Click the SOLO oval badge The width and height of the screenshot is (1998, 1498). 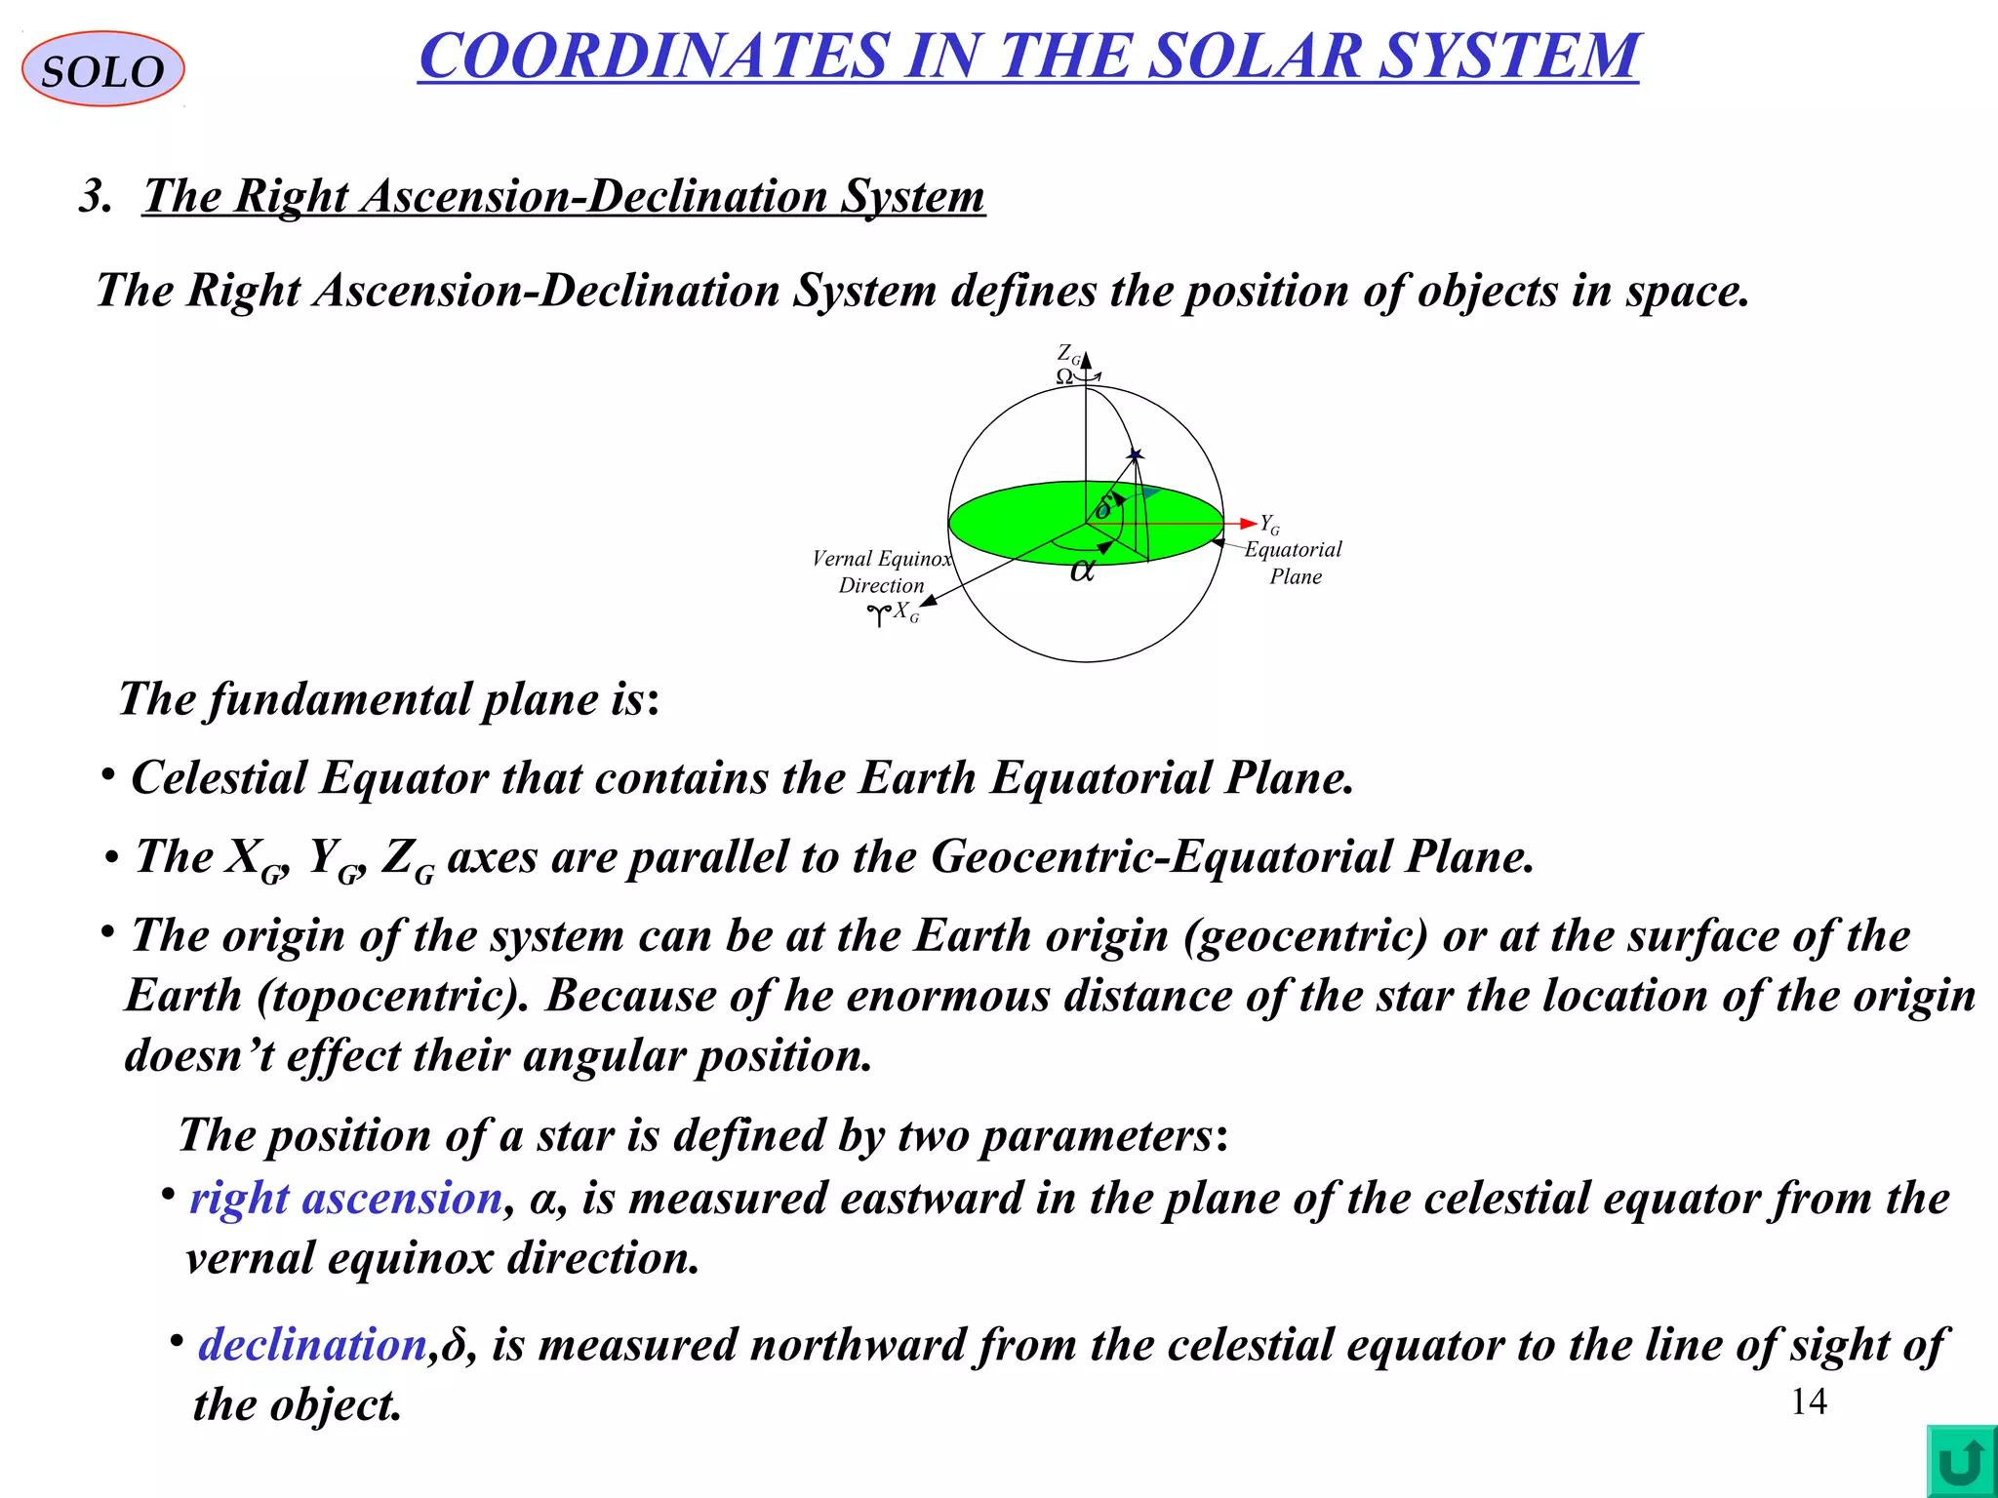pyautogui.click(x=102, y=69)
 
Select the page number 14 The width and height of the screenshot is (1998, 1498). pyautogui.click(x=1809, y=1401)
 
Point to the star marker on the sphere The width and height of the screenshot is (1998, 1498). pyautogui.click(x=1135, y=454)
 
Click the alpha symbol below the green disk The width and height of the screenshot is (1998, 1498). pyautogui.click(x=1082, y=570)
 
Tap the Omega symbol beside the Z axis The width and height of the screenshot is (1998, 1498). pyautogui.click(x=1065, y=376)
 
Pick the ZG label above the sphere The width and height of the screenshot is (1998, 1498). pyautogui.click(x=1069, y=354)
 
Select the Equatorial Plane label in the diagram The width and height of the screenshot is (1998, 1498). pyautogui.click(x=1294, y=563)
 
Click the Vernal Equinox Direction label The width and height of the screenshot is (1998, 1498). pyautogui.click(x=881, y=572)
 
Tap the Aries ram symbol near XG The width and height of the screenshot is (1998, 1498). pyautogui.click(x=879, y=614)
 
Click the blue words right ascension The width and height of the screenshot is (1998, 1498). pyautogui.click(x=345, y=1198)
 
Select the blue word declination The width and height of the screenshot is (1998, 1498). pyautogui.click(x=312, y=1344)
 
